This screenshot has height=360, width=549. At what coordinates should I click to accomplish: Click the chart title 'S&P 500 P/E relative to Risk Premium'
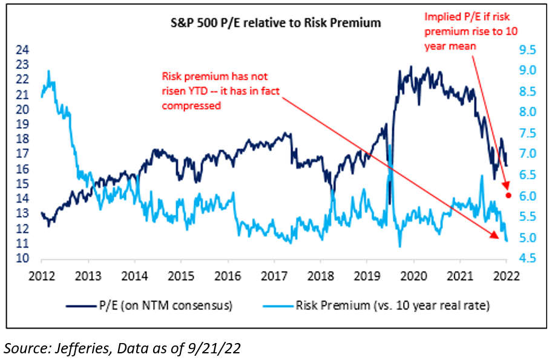tap(275, 24)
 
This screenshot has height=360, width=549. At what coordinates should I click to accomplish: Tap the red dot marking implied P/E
tap(509, 195)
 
